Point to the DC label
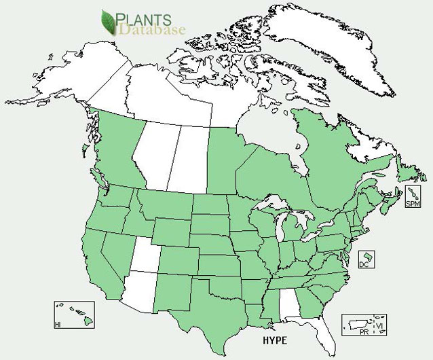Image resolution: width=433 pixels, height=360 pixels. (364, 264)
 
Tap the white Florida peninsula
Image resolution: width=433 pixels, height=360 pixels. (324, 336)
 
